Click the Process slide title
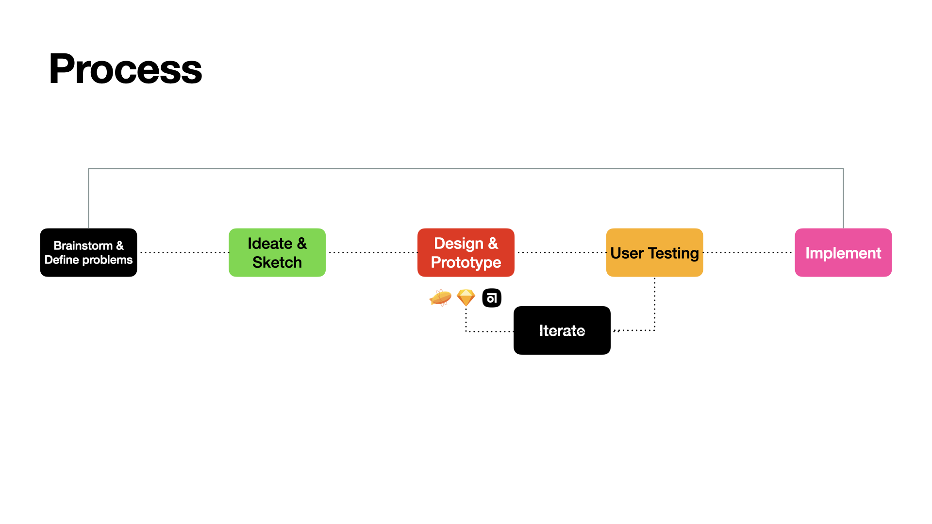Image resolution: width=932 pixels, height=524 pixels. pyautogui.click(x=125, y=69)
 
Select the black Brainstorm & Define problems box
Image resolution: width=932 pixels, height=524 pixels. pyautogui.click(x=88, y=252)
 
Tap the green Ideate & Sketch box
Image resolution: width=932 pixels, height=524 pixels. pyautogui.click(x=277, y=252)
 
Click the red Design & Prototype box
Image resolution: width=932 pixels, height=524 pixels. pyautogui.click(x=466, y=252)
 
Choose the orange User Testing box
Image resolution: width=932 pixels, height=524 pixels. pyautogui.click(x=654, y=252)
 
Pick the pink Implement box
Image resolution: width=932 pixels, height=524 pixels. pyautogui.click(x=843, y=252)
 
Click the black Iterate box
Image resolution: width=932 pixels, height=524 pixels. pyautogui.click(x=562, y=330)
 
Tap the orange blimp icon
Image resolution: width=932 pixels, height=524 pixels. pyautogui.click(x=440, y=297)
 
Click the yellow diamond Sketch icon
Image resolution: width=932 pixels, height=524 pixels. pyautogui.click(x=466, y=297)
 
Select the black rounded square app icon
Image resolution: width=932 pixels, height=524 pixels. pyautogui.click(x=492, y=298)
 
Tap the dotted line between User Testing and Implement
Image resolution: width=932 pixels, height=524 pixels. pyautogui.click(x=749, y=252)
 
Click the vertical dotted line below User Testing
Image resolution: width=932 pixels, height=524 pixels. pyautogui.click(x=655, y=304)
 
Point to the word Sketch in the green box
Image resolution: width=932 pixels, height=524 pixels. pyautogui.click(x=277, y=262)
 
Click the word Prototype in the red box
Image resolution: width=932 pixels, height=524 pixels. pyautogui.click(x=466, y=263)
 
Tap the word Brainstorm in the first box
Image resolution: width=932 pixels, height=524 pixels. pyautogui.click(x=83, y=246)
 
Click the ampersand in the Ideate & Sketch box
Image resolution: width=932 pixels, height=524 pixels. pyautogui.click(x=302, y=244)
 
